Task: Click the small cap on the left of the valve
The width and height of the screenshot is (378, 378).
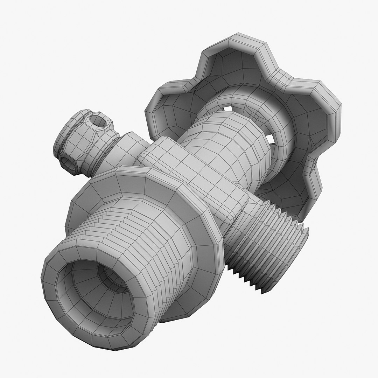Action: (x=84, y=140)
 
